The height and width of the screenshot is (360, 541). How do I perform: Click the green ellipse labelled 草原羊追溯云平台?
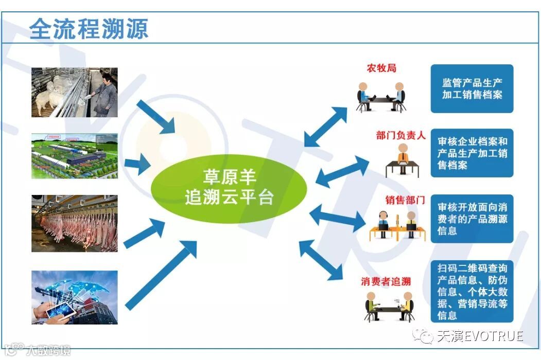(229, 188)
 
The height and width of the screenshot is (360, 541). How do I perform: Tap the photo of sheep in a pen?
(75, 93)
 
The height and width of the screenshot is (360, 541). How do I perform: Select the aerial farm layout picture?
(75, 156)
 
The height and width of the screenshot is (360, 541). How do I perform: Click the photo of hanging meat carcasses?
(75, 223)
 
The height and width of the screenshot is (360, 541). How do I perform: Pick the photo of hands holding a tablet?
(75, 297)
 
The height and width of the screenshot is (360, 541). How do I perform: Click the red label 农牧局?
(381, 68)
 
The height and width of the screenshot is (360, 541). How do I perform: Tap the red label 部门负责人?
(400, 136)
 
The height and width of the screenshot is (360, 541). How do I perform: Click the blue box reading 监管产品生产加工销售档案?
(472, 88)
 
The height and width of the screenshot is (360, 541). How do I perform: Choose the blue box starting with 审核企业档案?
(472, 153)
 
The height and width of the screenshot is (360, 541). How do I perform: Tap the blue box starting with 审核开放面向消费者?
(472, 219)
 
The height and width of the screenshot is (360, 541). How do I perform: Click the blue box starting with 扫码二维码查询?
(472, 292)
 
